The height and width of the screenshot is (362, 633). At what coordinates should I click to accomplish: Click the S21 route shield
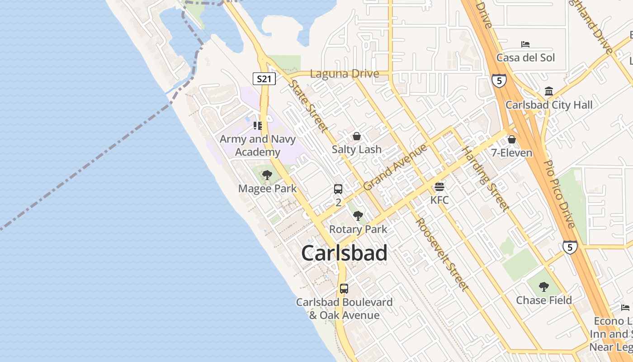(264, 79)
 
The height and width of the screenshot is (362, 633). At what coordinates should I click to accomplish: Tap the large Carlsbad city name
(344, 253)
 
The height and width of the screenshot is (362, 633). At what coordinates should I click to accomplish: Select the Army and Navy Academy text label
(257, 145)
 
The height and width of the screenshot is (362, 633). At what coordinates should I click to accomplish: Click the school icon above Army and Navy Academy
(258, 125)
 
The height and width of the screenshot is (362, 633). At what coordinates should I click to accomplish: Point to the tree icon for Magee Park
(267, 175)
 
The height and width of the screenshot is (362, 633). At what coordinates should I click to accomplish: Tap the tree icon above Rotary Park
(358, 215)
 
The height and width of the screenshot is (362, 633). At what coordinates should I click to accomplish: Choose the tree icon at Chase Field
(544, 286)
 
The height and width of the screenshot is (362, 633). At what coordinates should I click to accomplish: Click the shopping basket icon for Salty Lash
(357, 136)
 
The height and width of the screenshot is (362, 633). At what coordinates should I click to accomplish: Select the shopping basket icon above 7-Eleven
(512, 139)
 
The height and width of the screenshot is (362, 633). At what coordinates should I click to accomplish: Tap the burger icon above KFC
(439, 186)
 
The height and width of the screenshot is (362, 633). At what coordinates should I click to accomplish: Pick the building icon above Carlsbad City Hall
(549, 91)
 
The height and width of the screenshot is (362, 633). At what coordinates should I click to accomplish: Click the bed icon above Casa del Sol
(525, 44)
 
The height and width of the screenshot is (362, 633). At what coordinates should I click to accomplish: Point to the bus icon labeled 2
(338, 189)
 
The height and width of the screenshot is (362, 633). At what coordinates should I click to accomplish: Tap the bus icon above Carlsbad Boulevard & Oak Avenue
(344, 288)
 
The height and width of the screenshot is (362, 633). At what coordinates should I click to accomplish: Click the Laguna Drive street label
(345, 74)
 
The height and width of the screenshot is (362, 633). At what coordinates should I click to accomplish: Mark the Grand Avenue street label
(395, 167)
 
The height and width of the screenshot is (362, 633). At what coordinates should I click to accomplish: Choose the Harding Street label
(485, 179)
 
